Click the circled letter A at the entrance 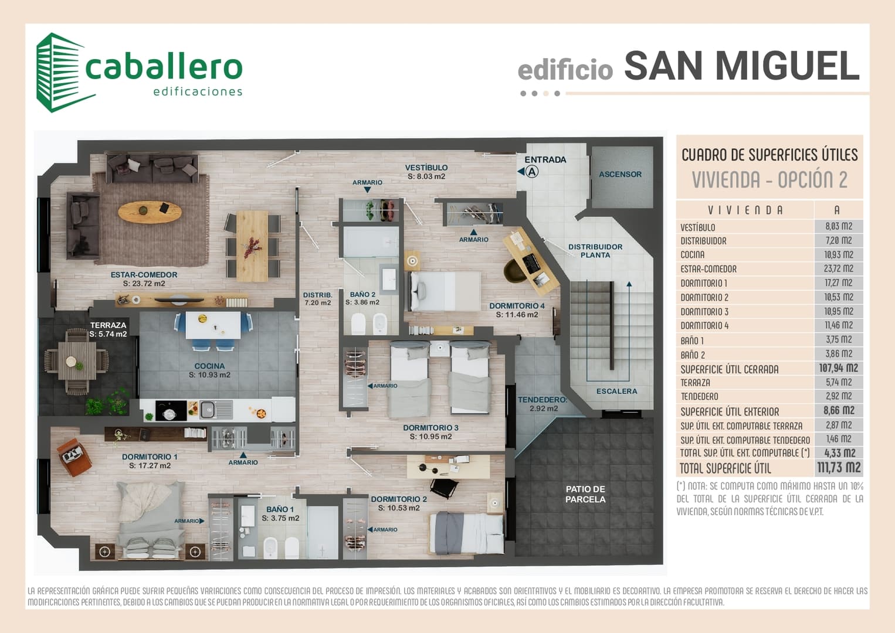[x=531, y=172]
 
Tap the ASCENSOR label [x=620, y=174]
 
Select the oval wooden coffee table [x=150, y=212]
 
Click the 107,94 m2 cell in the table [x=838, y=368]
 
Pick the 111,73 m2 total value [x=838, y=467]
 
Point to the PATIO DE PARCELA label [x=585, y=494]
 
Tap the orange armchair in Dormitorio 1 [x=74, y=457]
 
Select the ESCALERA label [x=616, y=392]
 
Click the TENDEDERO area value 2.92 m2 [x=544, y=409]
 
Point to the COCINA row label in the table [x=693, y=255]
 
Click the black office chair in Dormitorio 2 [x=445, y=488]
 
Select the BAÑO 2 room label [x=362, y=294]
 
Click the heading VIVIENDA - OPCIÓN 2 [x=769, y=180]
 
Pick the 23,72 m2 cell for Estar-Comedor [x=838, y=268]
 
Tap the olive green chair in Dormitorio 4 [x=515, y=270]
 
